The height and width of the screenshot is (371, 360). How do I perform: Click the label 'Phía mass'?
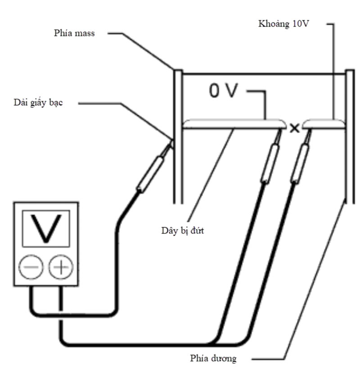click(72, 33)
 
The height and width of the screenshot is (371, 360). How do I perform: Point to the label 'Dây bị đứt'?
click(180, 231)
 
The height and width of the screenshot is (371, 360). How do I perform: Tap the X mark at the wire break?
click(294, 128)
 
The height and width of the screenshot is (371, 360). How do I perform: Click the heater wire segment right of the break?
click(324, 123)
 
